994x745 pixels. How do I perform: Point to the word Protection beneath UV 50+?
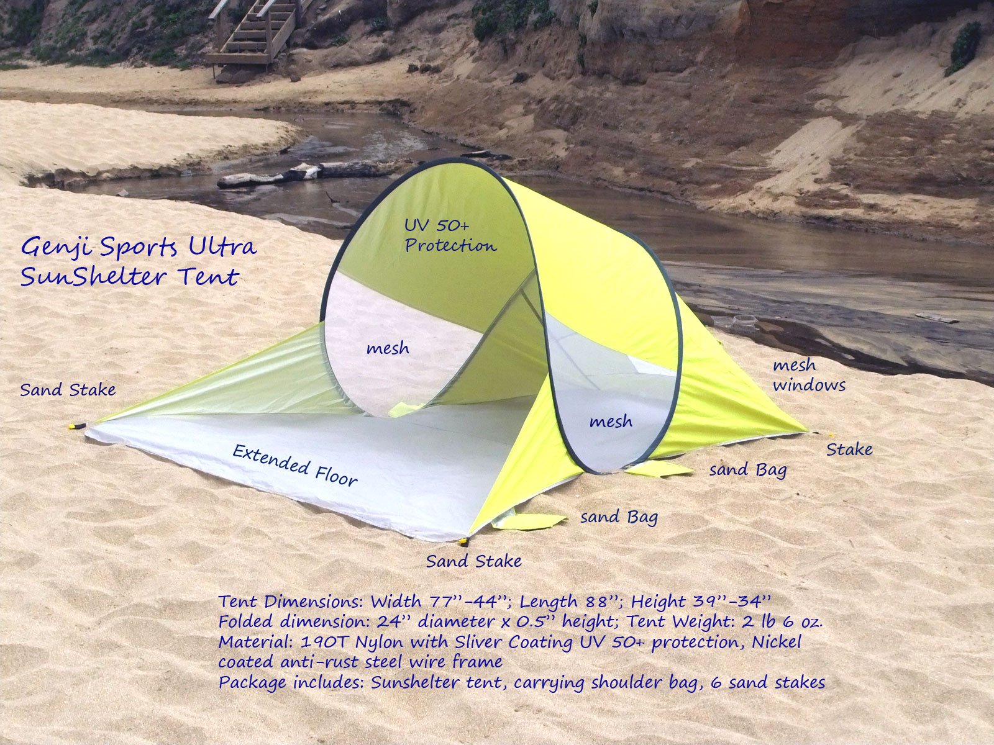click(450, 245)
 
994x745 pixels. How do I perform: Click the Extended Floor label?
click(294, 465)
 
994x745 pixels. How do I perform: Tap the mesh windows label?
click(808, 376)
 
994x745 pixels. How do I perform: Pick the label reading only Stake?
click(849, 449)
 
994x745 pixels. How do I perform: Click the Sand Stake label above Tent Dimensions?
click(473, 561)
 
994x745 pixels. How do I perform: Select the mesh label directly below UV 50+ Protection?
click(388, 348)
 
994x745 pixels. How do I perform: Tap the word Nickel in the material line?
click(777, 641)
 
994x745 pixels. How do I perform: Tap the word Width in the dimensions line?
click(397, 602)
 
